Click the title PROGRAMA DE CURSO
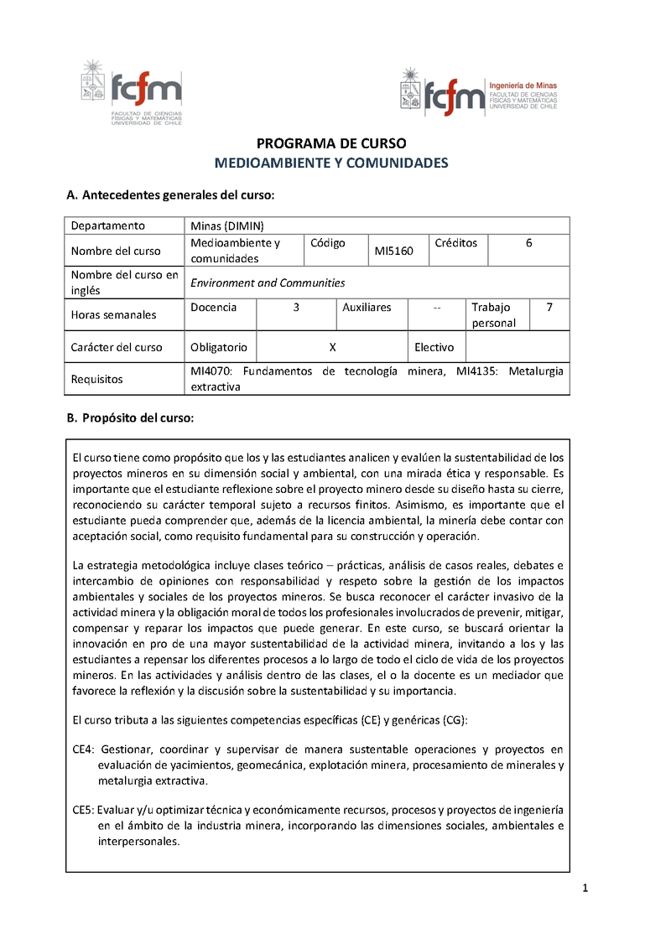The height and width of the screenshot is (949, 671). [x=330, y=143]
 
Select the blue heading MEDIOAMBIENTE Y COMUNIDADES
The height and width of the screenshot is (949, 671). [x=331, y=163]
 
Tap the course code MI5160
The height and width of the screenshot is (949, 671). [x=393, y=251]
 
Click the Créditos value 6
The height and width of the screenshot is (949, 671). [x=528, y=243]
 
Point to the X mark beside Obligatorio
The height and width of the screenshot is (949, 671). [x=333, y=347]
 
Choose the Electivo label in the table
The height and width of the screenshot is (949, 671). [x=434, y=347]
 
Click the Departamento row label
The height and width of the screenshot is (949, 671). [x=107, y=226]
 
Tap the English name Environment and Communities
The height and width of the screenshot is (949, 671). [x=268, y=283]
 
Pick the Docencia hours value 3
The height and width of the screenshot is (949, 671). [x=296, y=308]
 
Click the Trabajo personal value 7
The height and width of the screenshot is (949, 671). [x=549, y=308]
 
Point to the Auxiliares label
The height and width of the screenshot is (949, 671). [x=367, y=308]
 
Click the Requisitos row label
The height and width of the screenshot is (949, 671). [x=96, y=379]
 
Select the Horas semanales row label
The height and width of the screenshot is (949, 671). [x=113, y=315]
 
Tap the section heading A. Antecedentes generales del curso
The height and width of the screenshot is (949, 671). [x=170, y=195]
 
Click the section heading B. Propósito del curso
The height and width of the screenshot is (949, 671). [x=130, y=417]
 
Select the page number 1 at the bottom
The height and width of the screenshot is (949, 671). [x=585, y=889]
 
